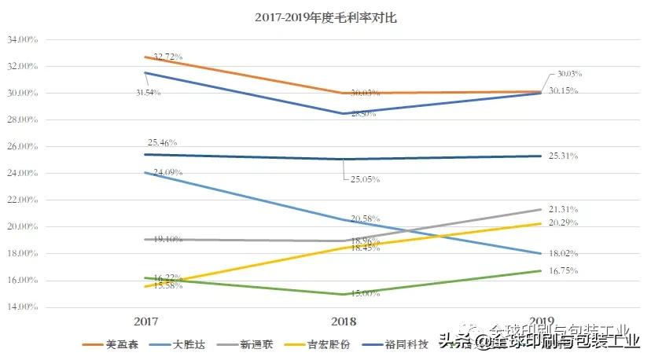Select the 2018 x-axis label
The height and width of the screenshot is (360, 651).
point(344,321)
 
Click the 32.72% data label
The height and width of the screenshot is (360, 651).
point(167,57)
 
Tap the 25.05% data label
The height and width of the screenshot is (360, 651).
point(365,179)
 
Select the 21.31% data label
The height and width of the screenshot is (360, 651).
point(563,209)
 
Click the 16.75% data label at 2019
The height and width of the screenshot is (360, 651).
point(563,271)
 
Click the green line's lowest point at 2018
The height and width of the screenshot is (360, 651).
point(344,294)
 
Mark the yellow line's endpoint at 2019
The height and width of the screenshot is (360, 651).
point(540,223)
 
